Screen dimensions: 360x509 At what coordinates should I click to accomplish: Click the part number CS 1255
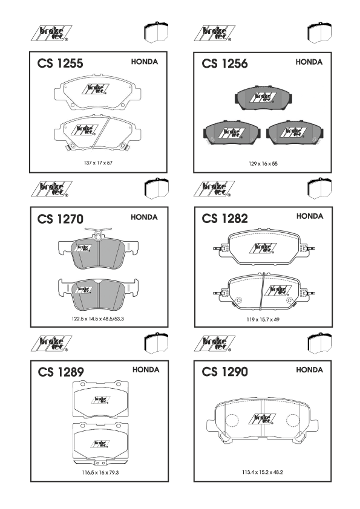click(x=60, y=63)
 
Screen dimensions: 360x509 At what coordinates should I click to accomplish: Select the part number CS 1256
click(x=224, y=63)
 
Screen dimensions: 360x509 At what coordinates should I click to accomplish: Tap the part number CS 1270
click(x=60, y=219)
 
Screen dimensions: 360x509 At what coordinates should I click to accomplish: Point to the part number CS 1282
click(x=224, y=218)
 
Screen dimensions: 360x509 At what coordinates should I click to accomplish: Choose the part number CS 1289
click(x=61, y=372)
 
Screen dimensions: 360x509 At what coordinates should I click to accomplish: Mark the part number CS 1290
click(x=224, y=372)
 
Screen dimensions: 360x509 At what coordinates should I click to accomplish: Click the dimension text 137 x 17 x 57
click(x=98, y=163)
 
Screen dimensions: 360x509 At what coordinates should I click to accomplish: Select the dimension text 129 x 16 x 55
click(x=263, y=164)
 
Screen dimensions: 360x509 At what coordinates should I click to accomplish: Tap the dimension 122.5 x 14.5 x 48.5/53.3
click(x=98, y=319)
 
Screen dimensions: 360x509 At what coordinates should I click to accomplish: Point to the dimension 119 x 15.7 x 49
click(x=263, y=319)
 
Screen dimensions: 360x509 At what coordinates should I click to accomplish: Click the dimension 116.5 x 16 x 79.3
click(x=100, y=472)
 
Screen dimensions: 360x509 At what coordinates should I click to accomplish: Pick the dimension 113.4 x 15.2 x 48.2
click(x=262, y=472)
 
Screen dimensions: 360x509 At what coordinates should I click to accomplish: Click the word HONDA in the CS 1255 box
click(x=144, y=62)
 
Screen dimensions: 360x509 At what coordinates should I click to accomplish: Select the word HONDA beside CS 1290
click(x=309, y=370)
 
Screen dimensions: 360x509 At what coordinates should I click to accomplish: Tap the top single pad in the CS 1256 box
click(x=263, y=98)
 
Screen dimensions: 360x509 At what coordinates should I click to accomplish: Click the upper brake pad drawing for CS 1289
click(x=100, y=400)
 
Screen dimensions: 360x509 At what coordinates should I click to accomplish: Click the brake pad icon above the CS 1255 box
click(x=156, y=32)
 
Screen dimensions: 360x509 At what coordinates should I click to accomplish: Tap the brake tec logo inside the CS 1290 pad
click(x=262, y=419)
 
